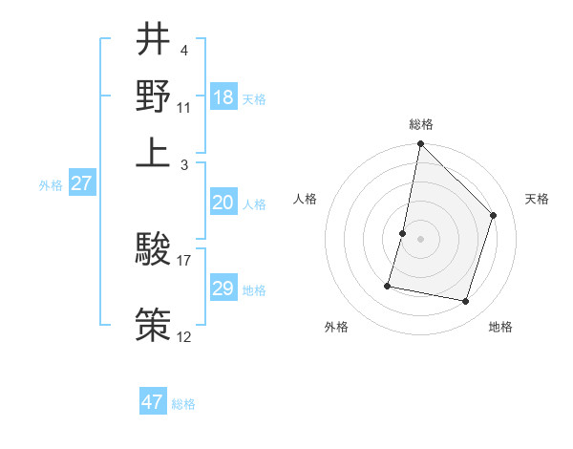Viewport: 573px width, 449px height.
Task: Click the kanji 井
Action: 154,40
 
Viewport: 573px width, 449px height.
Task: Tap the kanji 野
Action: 154,96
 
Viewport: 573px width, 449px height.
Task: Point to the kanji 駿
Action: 154,249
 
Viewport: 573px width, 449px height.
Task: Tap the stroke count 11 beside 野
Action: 184,106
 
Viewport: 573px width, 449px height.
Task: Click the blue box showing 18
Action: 223,97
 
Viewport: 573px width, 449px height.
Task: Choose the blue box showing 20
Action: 223,203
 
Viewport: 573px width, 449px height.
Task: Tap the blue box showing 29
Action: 223,289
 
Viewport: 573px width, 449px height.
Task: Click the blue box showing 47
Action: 153,402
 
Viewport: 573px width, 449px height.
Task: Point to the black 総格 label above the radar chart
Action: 421,125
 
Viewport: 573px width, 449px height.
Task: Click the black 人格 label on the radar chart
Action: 306,199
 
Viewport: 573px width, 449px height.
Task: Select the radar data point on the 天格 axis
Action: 494,215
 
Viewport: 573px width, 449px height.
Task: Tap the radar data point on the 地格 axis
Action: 466,302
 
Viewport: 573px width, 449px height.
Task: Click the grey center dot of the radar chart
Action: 421,239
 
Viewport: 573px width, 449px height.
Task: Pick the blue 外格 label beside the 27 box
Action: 51,185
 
